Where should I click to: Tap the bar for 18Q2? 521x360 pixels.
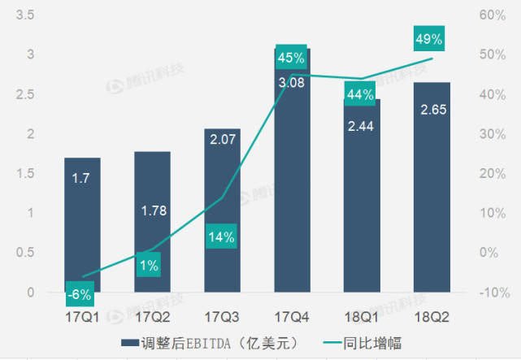pyautogui.click(x=431, y=203)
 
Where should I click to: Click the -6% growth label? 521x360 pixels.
pyautogui.click(x=80, y=293)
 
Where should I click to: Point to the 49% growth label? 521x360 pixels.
pyautogui.click(x=428, y=39)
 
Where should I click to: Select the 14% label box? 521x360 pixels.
pyautogui.click(x=221, y=237)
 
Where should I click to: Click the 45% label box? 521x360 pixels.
pyautogui.click(x=290, y=58)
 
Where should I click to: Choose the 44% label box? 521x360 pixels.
pyautogui.click(x=359, y=95)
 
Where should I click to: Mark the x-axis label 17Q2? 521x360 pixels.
pyautogui.click(x=152, y=314)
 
